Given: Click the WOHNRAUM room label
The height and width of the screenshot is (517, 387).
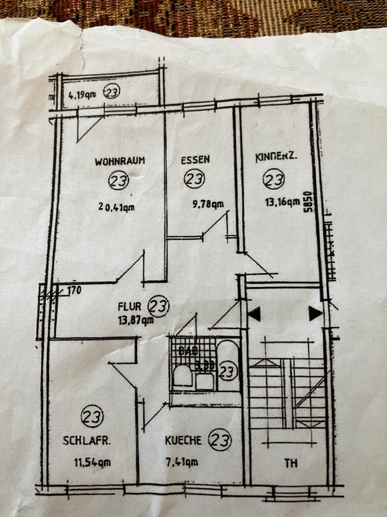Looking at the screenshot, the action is coord(121,160).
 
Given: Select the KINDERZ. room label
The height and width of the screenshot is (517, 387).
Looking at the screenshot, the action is coord(276,158).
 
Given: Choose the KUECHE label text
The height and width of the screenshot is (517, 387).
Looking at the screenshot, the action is coord(184,441).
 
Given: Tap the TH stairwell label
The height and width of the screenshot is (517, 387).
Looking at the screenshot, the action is coord(291,462).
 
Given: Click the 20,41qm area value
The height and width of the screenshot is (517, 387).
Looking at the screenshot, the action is coord(116,205).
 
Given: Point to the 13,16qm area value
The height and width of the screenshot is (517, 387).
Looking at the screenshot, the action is coord(282,202).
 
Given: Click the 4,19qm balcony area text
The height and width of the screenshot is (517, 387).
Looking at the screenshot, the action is coord(82,96).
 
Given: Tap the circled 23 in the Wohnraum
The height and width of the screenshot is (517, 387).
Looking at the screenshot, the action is coord(117,180).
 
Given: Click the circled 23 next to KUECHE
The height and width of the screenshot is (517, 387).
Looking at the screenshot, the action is coord(220,441).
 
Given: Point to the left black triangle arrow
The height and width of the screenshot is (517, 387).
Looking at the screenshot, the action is coord(254,313).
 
